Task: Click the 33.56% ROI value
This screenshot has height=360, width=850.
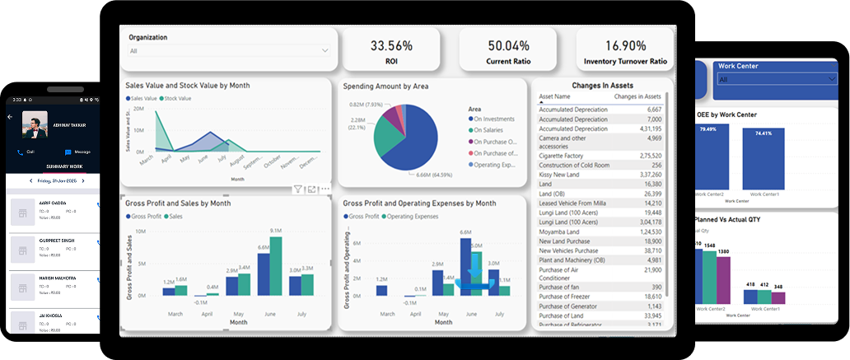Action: (x=391, y=45)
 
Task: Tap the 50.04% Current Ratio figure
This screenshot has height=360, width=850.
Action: (x=508, y=45)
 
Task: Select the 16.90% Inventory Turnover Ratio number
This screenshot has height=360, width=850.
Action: (x=625, y=45)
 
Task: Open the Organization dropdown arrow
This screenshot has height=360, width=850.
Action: (x=325, y=51)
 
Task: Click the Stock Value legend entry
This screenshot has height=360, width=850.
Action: (x=176, y=98)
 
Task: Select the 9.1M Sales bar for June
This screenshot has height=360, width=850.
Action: (x=276, y=266)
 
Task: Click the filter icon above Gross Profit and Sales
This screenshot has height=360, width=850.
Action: (x=299, y=189)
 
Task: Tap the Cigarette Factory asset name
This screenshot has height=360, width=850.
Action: (x=562, y=155)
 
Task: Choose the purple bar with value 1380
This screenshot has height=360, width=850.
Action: (x=723, y=280)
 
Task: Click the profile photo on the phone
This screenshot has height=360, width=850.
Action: (x=35, y=124)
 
